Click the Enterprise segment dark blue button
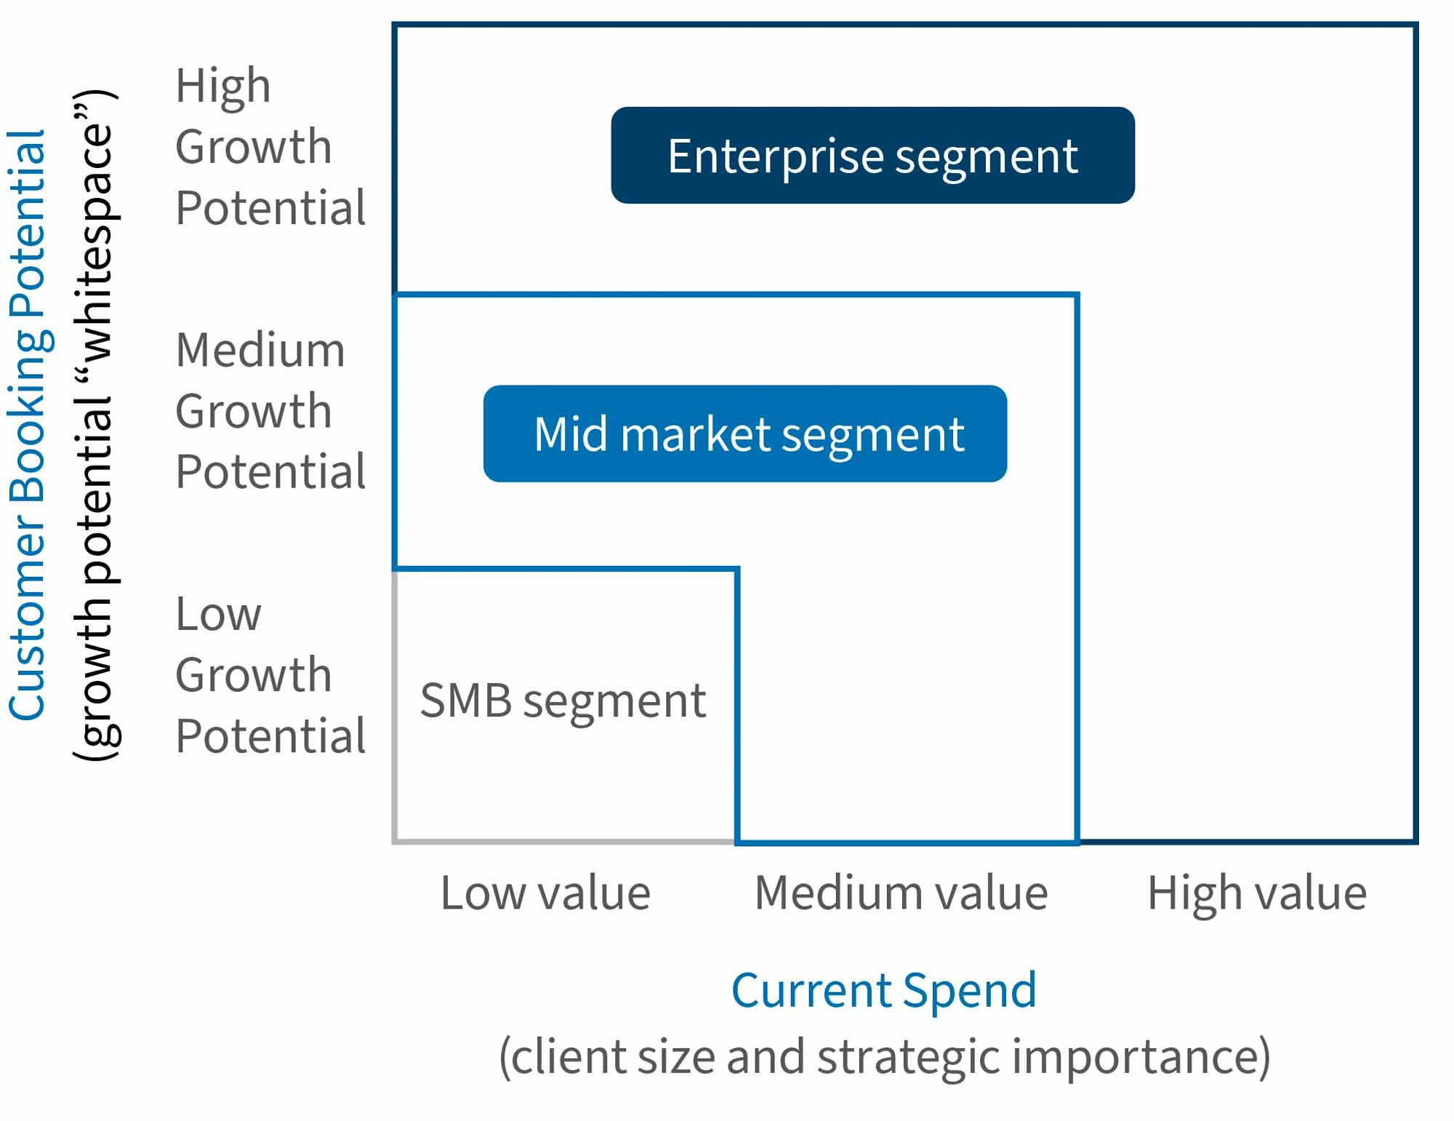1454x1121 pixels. coord(872,155)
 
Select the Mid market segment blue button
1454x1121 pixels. coord(744,434)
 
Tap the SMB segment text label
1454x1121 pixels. coord(563,701)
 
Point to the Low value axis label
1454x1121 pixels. coord(545,893)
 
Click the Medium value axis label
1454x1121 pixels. coord(901,893)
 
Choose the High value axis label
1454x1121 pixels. coord(1257,893)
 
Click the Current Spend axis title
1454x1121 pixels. coord(883,990)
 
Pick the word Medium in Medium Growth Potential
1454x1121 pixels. coord(260,350)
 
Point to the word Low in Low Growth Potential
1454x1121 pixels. coord(218,614)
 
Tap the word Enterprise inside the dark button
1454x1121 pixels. coord(775,156)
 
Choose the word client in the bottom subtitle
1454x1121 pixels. coord(567,1057)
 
